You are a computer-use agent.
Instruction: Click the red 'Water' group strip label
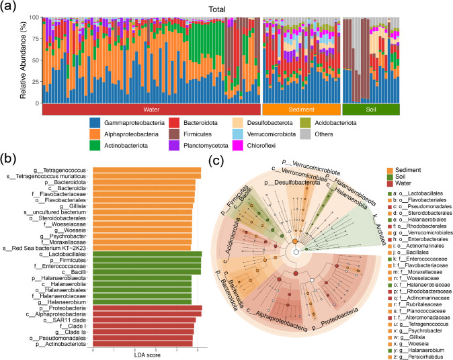point(151,109)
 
